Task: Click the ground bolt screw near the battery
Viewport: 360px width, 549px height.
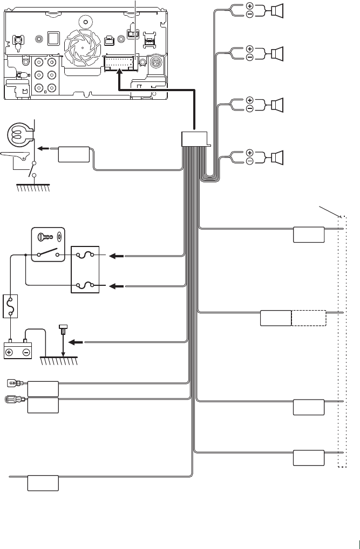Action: point(63,330)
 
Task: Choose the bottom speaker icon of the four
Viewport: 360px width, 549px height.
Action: point(277,157)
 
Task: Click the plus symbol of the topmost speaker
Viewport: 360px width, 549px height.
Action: point(250,6)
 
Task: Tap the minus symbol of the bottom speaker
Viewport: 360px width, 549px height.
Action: point(250,161)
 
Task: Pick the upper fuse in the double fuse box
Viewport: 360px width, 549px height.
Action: point(86,256)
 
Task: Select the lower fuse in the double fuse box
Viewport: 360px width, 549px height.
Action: point(86,284)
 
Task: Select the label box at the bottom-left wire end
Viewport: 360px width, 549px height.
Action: point(43,483)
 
